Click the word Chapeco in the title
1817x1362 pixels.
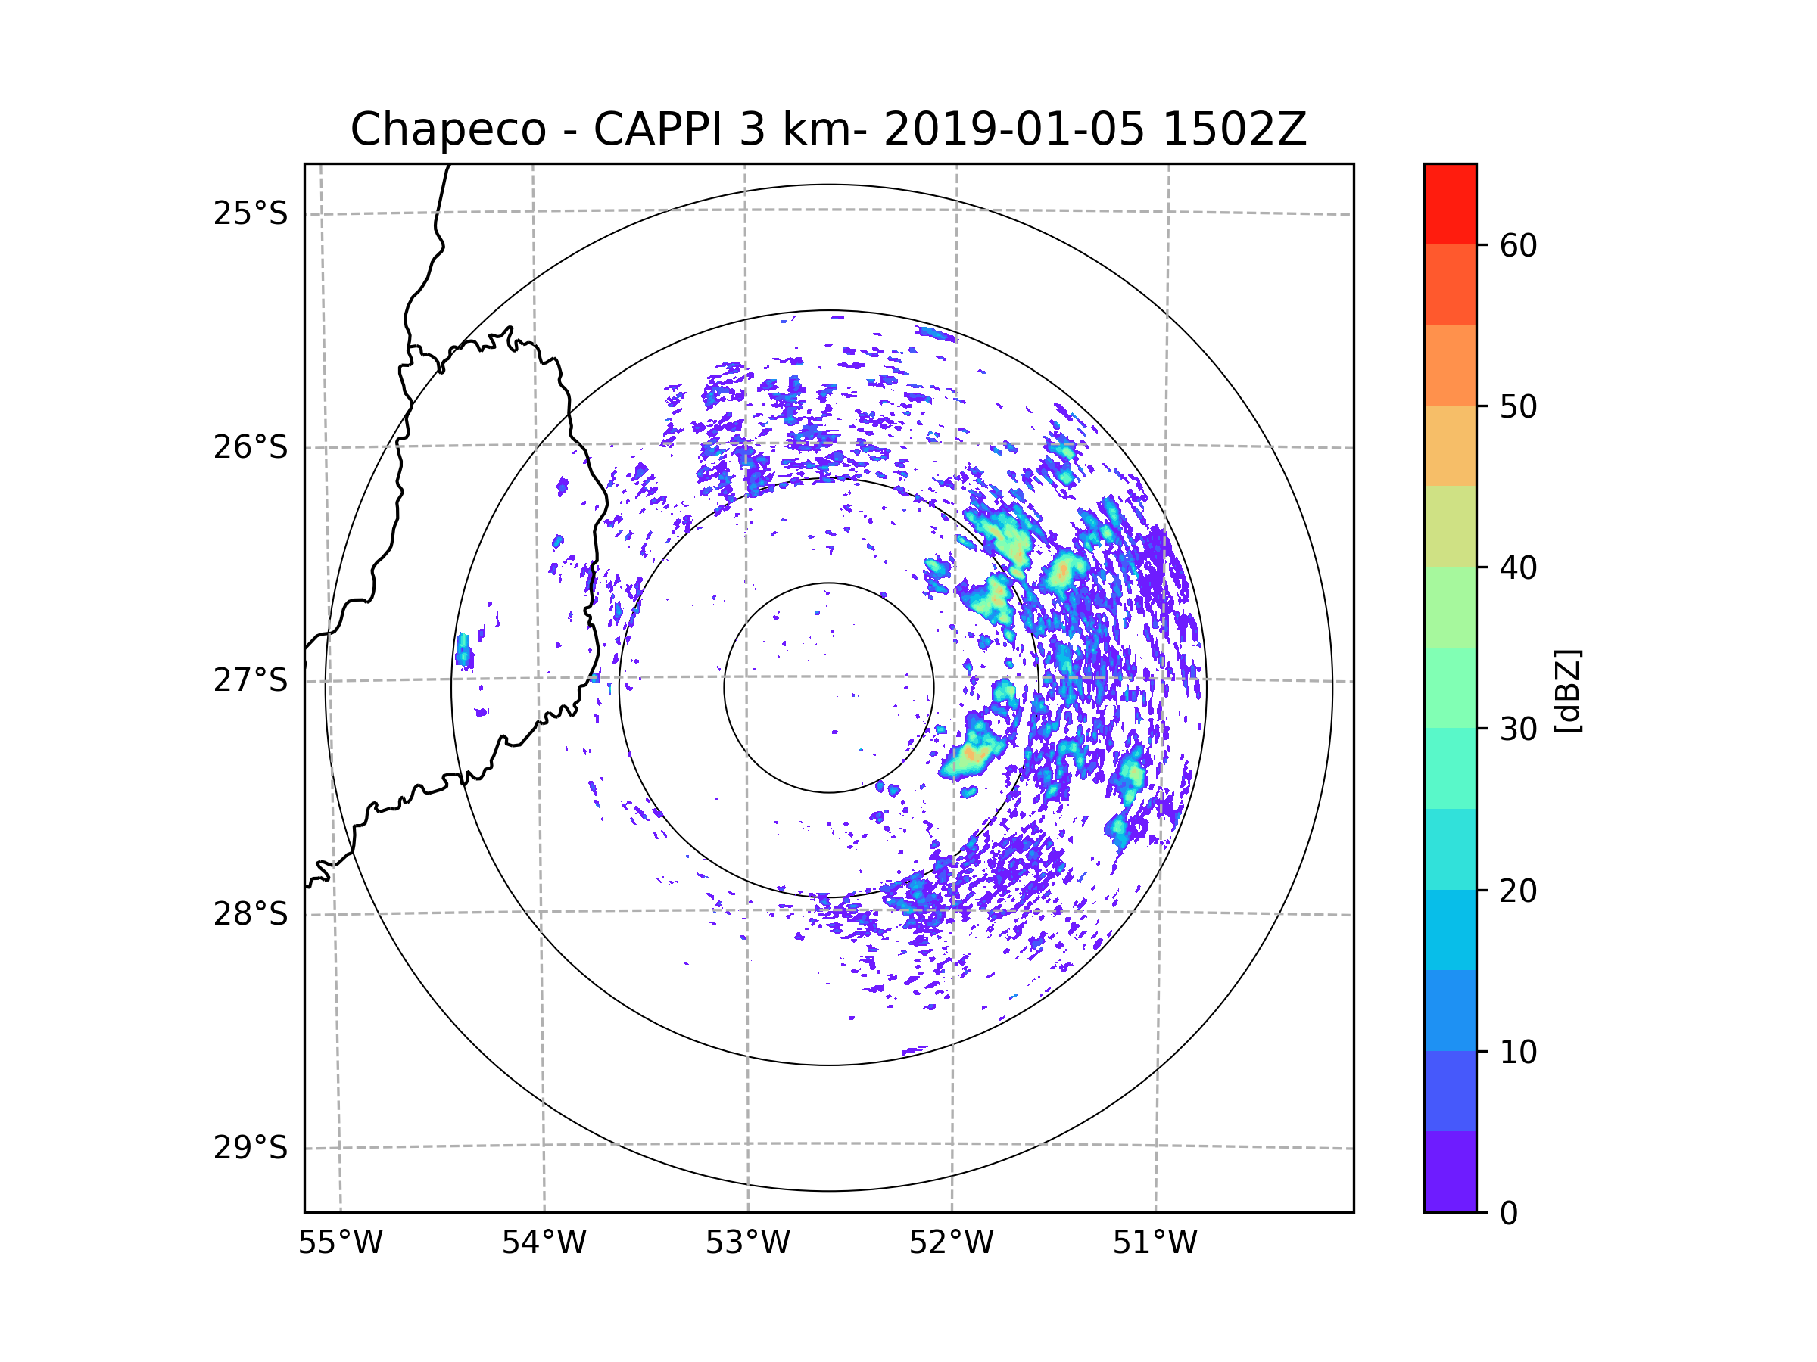447,129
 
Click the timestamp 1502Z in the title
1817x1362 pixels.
1234,129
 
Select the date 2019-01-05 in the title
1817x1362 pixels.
1014,129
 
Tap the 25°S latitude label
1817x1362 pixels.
251,213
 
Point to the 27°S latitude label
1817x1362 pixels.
251,680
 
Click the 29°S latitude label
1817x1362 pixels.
251,1148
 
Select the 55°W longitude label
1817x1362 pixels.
340,1243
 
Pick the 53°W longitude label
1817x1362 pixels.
747,1243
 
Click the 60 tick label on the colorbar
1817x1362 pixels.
1518,245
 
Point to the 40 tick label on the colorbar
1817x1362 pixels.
1518,568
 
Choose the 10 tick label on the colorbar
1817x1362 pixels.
1518,1052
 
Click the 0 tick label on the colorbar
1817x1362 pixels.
1509,1214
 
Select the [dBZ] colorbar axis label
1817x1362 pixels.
1567,690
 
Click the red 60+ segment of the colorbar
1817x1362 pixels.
1450,204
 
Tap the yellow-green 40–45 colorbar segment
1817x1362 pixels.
1450,526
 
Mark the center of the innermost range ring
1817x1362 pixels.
829,688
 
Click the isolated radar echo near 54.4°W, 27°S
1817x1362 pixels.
464,651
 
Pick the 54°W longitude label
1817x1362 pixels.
544,1243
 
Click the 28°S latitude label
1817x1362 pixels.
251,914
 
